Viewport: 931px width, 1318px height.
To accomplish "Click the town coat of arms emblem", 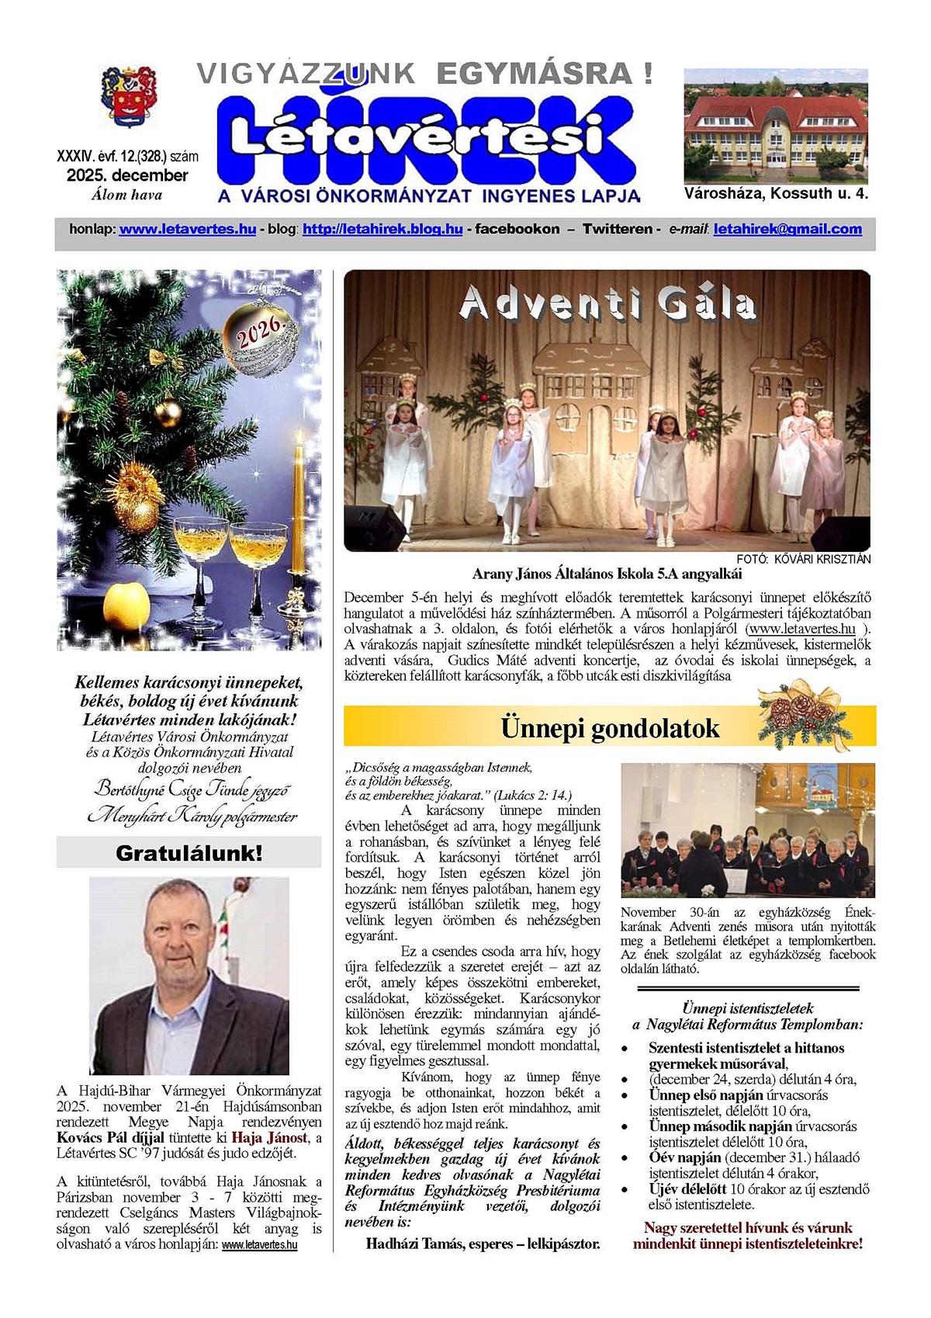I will pos(129,96).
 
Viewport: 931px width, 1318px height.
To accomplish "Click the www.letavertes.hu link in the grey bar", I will pos(188,229).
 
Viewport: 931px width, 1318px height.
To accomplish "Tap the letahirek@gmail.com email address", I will pos(787,229).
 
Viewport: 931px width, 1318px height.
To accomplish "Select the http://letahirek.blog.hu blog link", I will pos(382,229).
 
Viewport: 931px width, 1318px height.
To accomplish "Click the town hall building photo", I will pos(776,127).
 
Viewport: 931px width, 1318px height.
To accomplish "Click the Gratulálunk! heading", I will pos(189,854).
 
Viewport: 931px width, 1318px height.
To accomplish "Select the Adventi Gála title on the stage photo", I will pos(607,304).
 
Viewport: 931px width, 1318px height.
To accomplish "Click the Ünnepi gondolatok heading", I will pos(610,729).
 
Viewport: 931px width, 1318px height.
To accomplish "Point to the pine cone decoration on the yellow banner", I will pos(803,714).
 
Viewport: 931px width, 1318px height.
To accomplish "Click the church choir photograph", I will pos(748,831).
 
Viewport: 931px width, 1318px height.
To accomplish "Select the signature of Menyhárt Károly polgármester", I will pos(192,816).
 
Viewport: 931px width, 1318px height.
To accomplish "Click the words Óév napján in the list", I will pos(685,1157).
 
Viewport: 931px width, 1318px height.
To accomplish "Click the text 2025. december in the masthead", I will pos(127,175).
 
